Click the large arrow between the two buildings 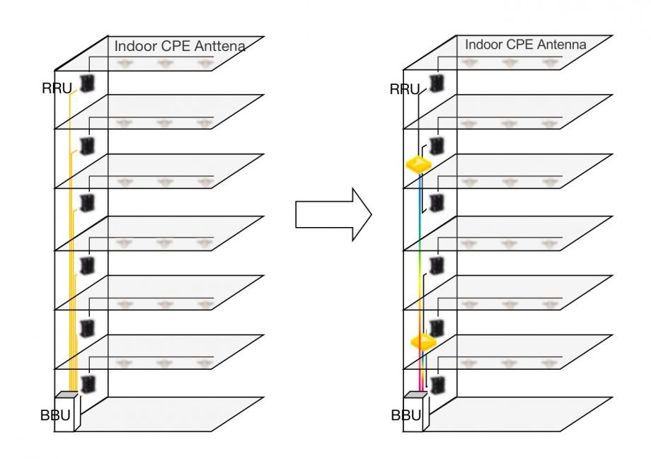[x=333, y=214]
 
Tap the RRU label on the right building [x=405, y=88]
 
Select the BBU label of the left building [x=55, y=415]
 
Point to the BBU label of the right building [x=405, y=415]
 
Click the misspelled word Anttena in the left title [x=219, y=47]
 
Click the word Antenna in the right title [x=563, y=45]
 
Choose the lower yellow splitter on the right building [x=422, y=342]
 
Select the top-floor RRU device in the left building [x=88, y=83]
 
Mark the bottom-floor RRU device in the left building [x=88, y=384]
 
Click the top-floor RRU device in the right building [x=437, y=83]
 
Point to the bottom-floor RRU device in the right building [x=438, y=385]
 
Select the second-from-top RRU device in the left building [x=88, y=146]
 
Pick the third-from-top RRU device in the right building [x=437, y=204]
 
